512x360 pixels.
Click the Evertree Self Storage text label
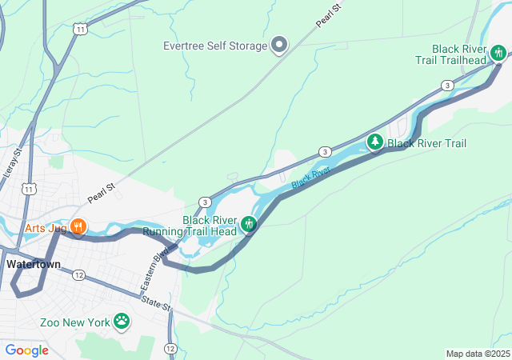click(214, 46)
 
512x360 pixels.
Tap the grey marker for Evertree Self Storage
click(279, 45)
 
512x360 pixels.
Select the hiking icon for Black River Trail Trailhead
click(498, 54)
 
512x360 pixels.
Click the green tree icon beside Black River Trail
click(374, 142)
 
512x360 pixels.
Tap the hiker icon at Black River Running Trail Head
click(249, 225)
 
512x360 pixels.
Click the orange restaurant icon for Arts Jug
click(78, 226)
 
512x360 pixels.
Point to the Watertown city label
click(34, 263)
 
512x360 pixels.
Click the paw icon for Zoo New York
click(121, 322)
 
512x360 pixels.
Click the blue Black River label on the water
click(310, 178)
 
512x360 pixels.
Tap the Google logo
click(27, 350)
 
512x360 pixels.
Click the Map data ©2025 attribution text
click(477, 354)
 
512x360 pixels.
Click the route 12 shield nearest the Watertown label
click(78, 275)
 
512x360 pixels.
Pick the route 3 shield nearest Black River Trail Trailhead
click(447, 85)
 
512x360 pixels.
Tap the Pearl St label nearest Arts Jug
click(102, 191)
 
